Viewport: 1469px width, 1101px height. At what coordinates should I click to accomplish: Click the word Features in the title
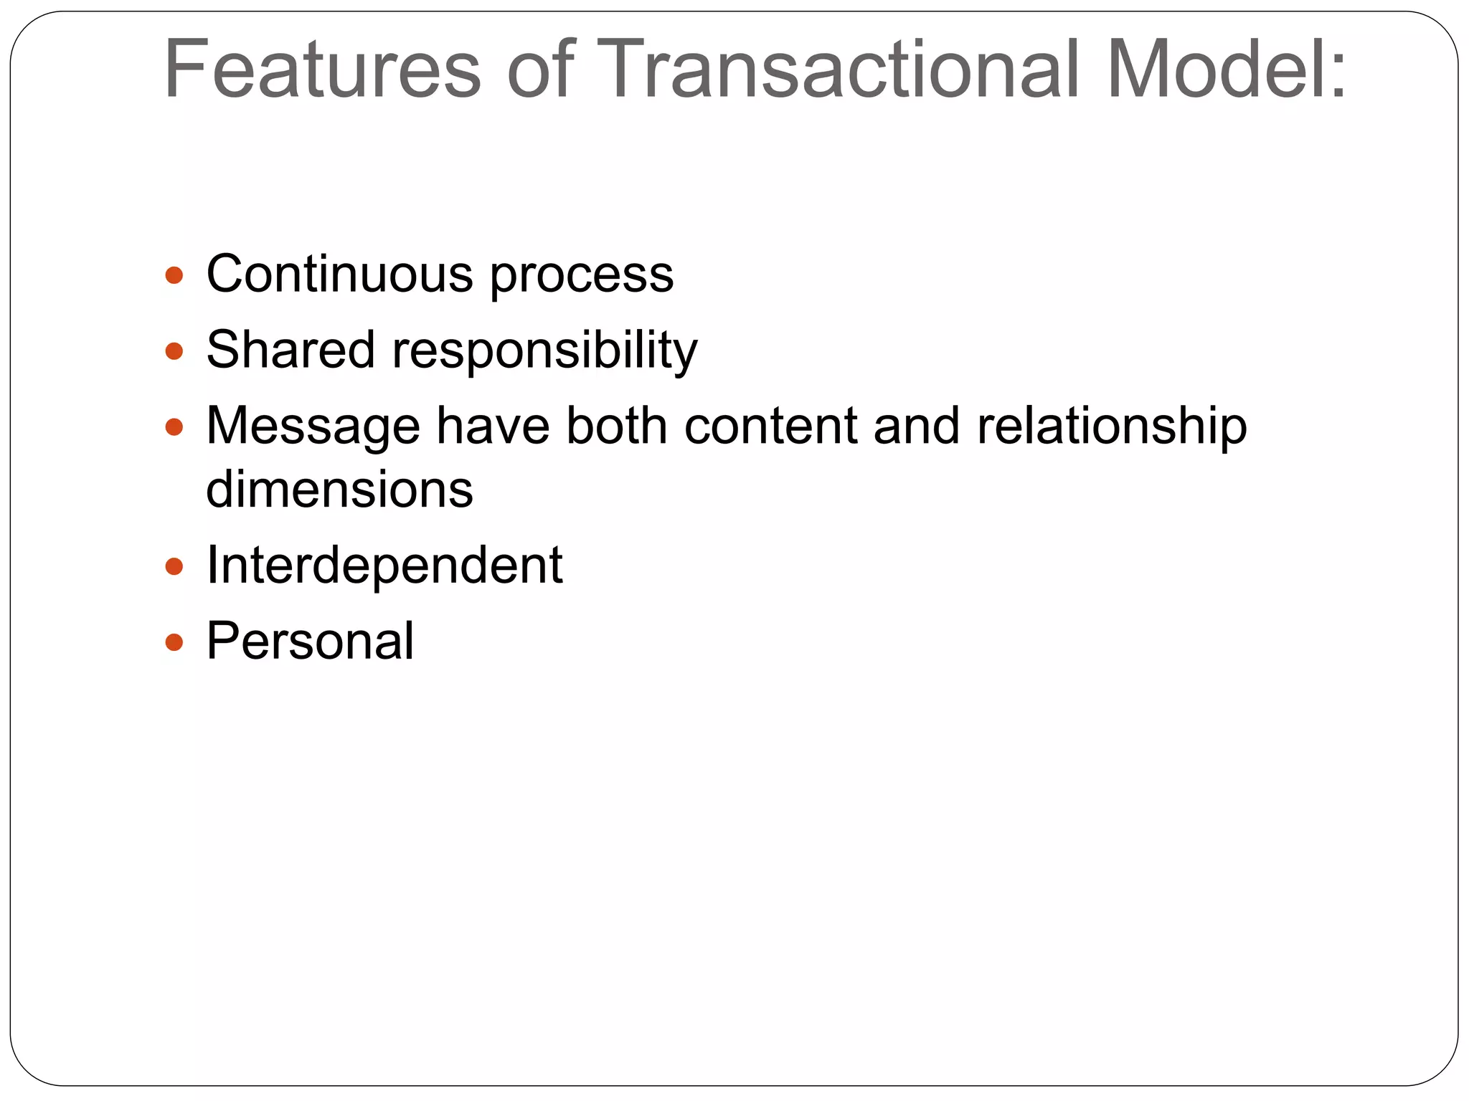[x=322, y=70]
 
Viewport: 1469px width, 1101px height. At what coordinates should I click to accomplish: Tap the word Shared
[x=291, y=351]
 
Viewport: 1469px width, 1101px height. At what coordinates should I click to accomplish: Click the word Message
[x=313, y=427]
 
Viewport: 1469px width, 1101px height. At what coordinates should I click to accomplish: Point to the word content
[x=770, y=426]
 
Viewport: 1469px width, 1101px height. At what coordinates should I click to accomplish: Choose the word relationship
[x=1112, y=427]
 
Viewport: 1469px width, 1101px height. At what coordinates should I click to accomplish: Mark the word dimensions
[x=339, y=490]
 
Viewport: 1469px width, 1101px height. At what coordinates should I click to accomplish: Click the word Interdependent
[x=384, y=566]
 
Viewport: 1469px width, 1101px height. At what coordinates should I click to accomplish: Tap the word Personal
[x=310, y=641]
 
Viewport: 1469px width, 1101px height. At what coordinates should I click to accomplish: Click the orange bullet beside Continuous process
[x=174, y=275]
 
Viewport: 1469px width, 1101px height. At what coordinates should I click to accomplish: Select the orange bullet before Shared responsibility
[x=174, y=351]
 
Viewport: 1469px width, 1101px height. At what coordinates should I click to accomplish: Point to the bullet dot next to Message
[x=174, y=428]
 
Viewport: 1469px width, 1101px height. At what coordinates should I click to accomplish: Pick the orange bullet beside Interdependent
[x=174, y=567]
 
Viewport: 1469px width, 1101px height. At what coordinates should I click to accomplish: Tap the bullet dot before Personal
[x=174, y=642]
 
